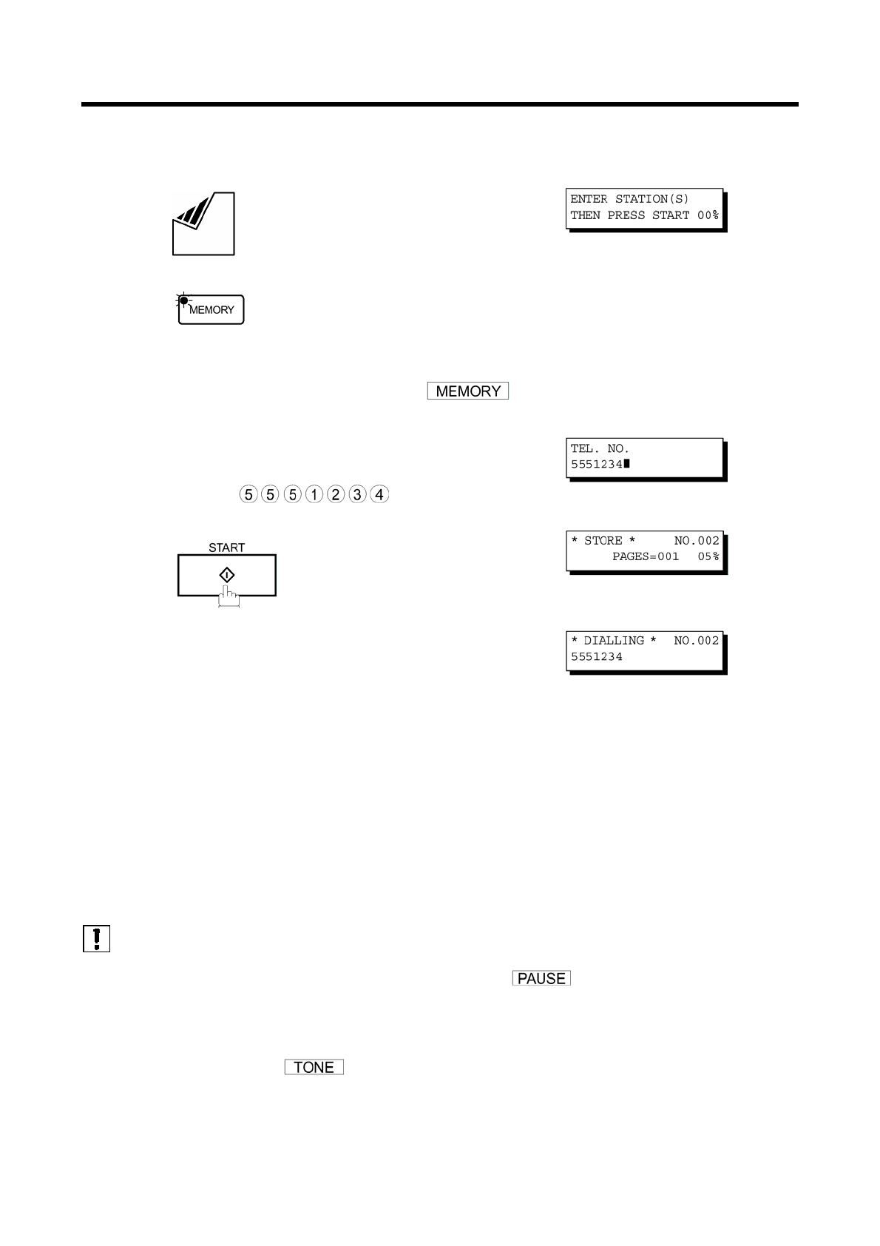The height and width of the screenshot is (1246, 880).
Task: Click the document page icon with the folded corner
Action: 203,224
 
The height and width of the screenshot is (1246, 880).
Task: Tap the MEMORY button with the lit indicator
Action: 211,310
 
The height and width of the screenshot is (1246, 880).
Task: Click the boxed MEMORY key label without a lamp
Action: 468,391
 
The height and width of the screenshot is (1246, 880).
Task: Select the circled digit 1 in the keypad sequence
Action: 314,494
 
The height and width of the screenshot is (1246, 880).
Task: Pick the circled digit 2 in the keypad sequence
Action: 336,494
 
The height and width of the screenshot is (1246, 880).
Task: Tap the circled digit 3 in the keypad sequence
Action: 357,494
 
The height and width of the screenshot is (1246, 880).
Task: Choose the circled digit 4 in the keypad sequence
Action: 379,494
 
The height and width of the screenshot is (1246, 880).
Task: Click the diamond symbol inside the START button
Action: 227,575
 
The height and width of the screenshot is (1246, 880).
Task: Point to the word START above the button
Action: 226,548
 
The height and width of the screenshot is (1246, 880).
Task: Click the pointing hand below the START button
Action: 229,598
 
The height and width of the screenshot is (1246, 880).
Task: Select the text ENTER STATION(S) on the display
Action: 629,199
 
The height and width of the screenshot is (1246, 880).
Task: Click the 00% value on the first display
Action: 708,215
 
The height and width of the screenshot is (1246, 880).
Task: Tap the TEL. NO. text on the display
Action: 600,448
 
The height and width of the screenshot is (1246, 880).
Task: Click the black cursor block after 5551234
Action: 626,464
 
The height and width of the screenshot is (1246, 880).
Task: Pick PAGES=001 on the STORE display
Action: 645,556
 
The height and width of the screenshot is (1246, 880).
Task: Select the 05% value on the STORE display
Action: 708,556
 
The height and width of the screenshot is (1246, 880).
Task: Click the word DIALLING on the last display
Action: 614,641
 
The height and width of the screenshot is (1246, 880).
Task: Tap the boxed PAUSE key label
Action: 541,979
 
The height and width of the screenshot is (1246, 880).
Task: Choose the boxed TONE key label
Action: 314,1068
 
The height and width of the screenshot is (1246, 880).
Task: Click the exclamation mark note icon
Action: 97,938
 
